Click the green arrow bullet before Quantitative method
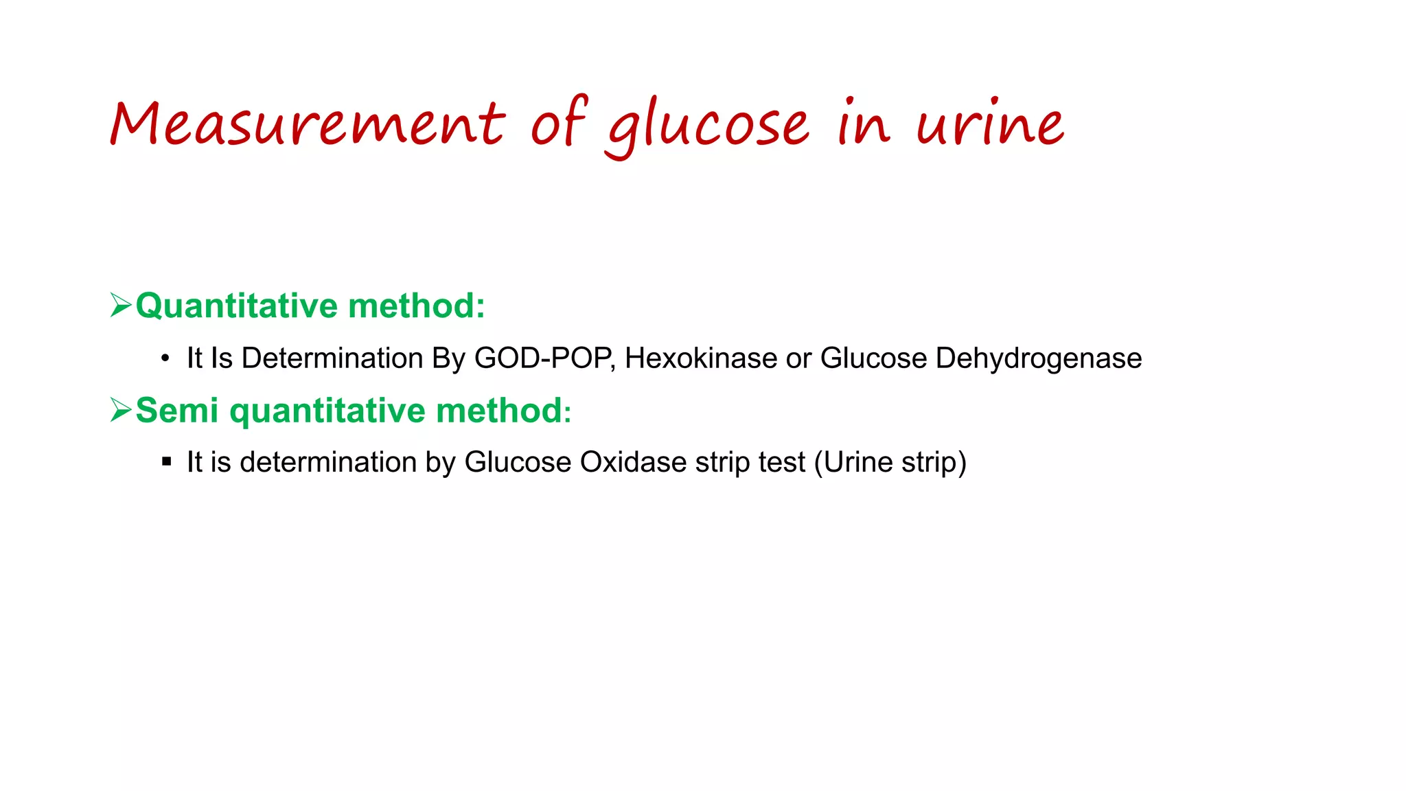point(121,305)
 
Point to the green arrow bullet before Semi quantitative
point(121,410)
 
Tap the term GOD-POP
point(543,358)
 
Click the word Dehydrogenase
point(1038,358)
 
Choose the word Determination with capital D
point(332,358)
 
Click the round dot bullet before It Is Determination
point(165,358)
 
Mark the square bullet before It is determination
point(166,462)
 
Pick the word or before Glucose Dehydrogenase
point(798,358)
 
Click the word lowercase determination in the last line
point(328,462)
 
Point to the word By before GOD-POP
point(448,358)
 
